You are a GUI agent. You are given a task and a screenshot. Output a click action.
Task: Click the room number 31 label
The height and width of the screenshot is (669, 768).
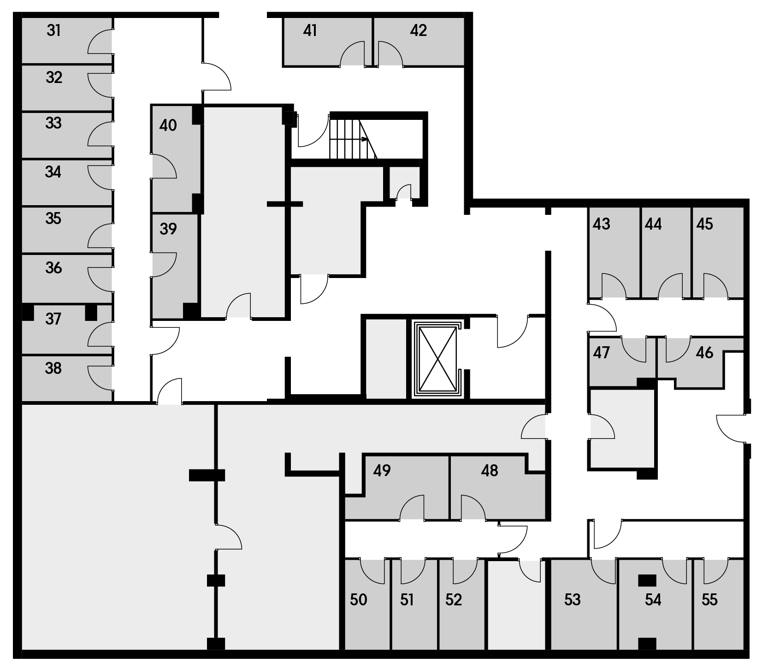click(x=54, y=31)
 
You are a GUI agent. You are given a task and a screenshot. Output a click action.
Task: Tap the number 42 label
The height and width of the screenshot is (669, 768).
click(x=418, y=30)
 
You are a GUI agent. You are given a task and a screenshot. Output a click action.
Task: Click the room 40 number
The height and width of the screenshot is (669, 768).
click(x=168, y=125)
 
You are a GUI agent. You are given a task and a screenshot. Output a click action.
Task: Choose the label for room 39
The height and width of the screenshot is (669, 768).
click(x=168, y=229)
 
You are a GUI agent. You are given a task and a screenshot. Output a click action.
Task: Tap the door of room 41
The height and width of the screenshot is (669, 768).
click(x=353, y=53)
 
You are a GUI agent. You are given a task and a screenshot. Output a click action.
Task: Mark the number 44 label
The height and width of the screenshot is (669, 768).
click(x=653, y=224)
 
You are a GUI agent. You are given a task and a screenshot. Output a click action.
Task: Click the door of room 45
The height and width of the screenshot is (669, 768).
click(x=715, y=286)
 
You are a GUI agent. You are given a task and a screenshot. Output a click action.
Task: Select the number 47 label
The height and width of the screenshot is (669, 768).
click(x=602, y=353)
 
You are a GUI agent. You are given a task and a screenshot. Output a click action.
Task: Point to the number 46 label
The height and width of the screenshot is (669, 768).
click(x=704, y=353)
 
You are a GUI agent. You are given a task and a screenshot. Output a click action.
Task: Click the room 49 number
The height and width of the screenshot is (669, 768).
click(x=382, y=471)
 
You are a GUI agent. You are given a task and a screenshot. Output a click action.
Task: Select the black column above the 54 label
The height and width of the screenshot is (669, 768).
click(x=647, y=580)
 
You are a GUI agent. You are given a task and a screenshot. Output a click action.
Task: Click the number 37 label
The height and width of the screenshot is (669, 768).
click(x=53, y=319)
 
